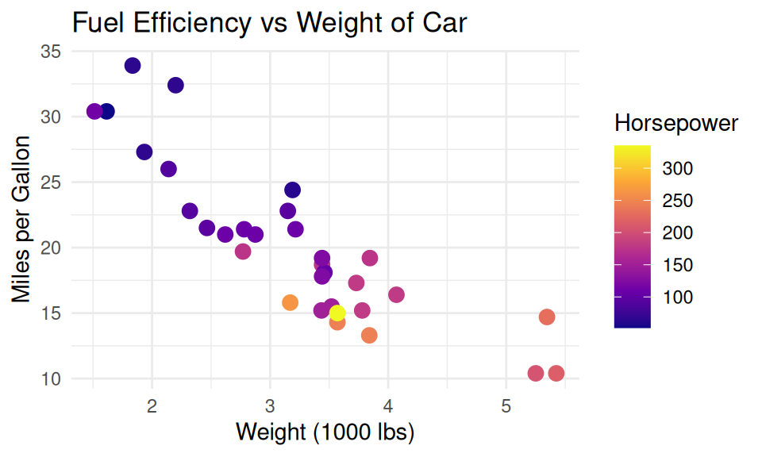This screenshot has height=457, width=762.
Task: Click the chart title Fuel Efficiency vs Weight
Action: (269, 23)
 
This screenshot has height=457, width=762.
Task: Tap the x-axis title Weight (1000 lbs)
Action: (325, 433)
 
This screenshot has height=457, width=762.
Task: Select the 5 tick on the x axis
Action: (506, 408)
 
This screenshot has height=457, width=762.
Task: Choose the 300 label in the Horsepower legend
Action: (679, 168)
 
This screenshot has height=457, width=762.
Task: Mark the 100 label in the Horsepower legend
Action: (679, 297)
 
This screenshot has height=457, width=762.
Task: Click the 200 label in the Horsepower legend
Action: (679, 232)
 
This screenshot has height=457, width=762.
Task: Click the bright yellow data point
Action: (337, 313)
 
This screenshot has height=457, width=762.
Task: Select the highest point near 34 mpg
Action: (133, 66)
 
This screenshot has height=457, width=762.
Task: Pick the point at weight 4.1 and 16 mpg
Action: (396, 295)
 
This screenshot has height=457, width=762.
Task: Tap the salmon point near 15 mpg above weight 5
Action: (547, 317)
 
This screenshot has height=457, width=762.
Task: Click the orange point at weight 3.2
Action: (290, 302)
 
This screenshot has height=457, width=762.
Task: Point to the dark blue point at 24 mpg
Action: (292, 190)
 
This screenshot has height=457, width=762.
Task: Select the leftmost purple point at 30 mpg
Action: (94, 112)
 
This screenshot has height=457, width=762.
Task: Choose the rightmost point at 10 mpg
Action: (556, 373)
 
